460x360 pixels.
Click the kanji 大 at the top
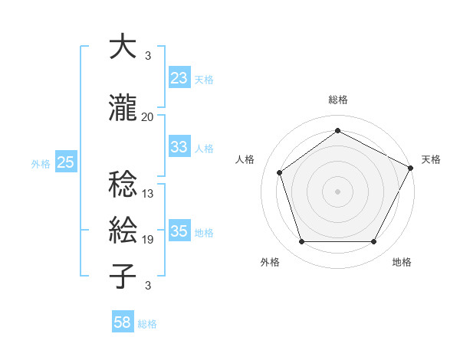click(123, 48)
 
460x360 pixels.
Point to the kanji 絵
click(123, 231)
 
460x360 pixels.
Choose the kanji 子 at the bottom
click(123, 276)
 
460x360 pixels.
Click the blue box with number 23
click(179, 78)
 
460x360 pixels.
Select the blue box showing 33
click(179, 147)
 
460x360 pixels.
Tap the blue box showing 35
click(179, 231)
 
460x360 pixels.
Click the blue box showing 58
click(123, 322)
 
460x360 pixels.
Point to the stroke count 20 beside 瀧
click(148, 116)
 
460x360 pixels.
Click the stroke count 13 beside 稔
click(148, 194)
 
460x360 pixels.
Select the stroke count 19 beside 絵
click(148, 240)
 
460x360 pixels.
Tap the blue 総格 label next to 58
click(147, 324)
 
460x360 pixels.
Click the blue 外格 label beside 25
click(41, 163)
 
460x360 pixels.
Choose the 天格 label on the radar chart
click(431, 159)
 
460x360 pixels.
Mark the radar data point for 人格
click(280, 172)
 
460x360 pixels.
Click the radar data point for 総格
click(337, 131)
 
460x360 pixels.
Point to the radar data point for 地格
click(373, 242)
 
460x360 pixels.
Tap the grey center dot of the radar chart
click(337, 191)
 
